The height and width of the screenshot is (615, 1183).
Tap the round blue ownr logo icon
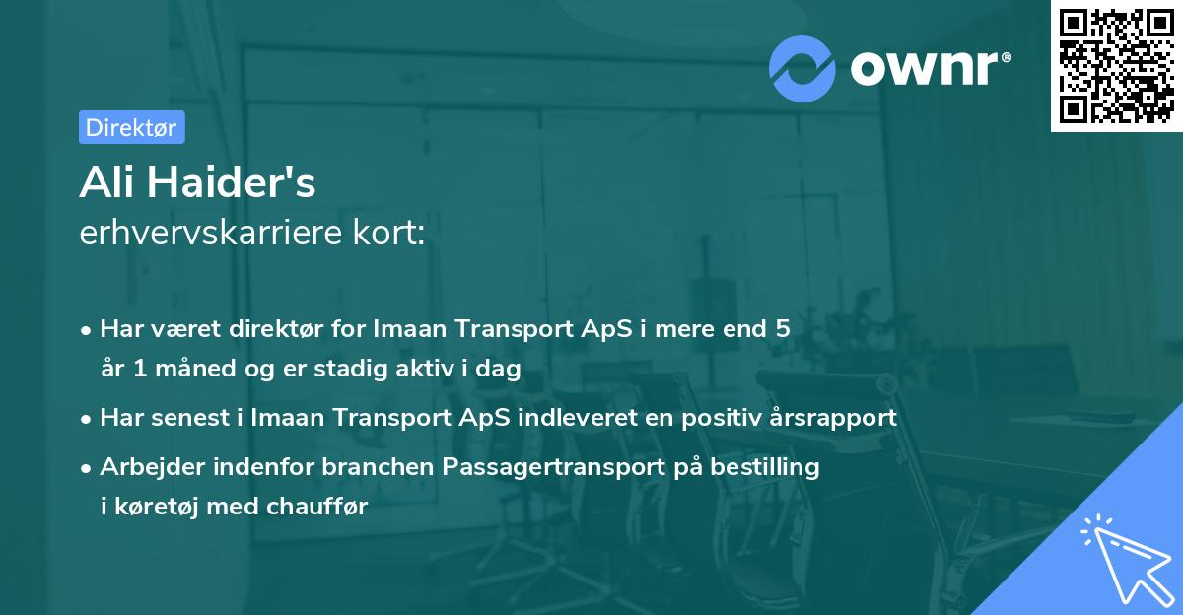[x=802, y=68]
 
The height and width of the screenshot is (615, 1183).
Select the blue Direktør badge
[x=131, y=127]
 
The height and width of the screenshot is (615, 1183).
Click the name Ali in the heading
[x=108, y=184]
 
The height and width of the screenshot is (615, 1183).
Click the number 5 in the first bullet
[x=782, y=328]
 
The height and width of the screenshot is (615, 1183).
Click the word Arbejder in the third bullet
[x=144, y=466]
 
